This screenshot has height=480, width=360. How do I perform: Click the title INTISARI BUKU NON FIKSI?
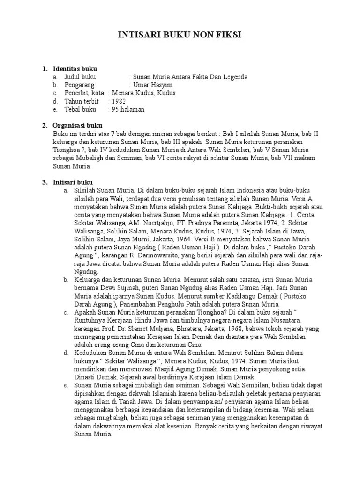point(180,35)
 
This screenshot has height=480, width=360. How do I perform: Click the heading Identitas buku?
point(75,69)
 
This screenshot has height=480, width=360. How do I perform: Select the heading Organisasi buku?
point(77,126)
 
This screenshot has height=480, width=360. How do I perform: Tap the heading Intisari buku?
point(73,182)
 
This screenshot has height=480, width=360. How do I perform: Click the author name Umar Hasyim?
point(153,85)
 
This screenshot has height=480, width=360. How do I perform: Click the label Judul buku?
point(79,77)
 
